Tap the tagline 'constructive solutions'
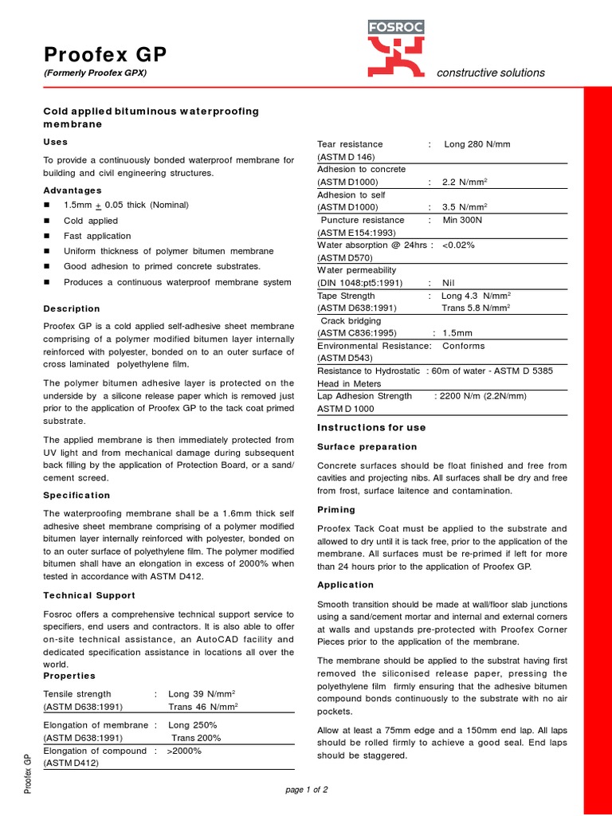(x=491, y=73)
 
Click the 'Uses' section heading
(x=55, y=142)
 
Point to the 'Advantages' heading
(x=72, y=190)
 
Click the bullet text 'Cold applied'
(x=91, y=221)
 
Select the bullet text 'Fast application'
(x=97, y=236)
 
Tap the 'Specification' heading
(x=76, y=495)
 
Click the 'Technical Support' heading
(x=88, y=595)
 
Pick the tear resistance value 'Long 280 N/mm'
(x=477, y=144)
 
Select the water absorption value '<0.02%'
(x=458, y=245)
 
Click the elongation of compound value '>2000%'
(x=187, y=751)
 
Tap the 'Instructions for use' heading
(x=371, y=428)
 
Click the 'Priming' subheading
(x=336, y=509)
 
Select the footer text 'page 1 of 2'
(x=307, y=790)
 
